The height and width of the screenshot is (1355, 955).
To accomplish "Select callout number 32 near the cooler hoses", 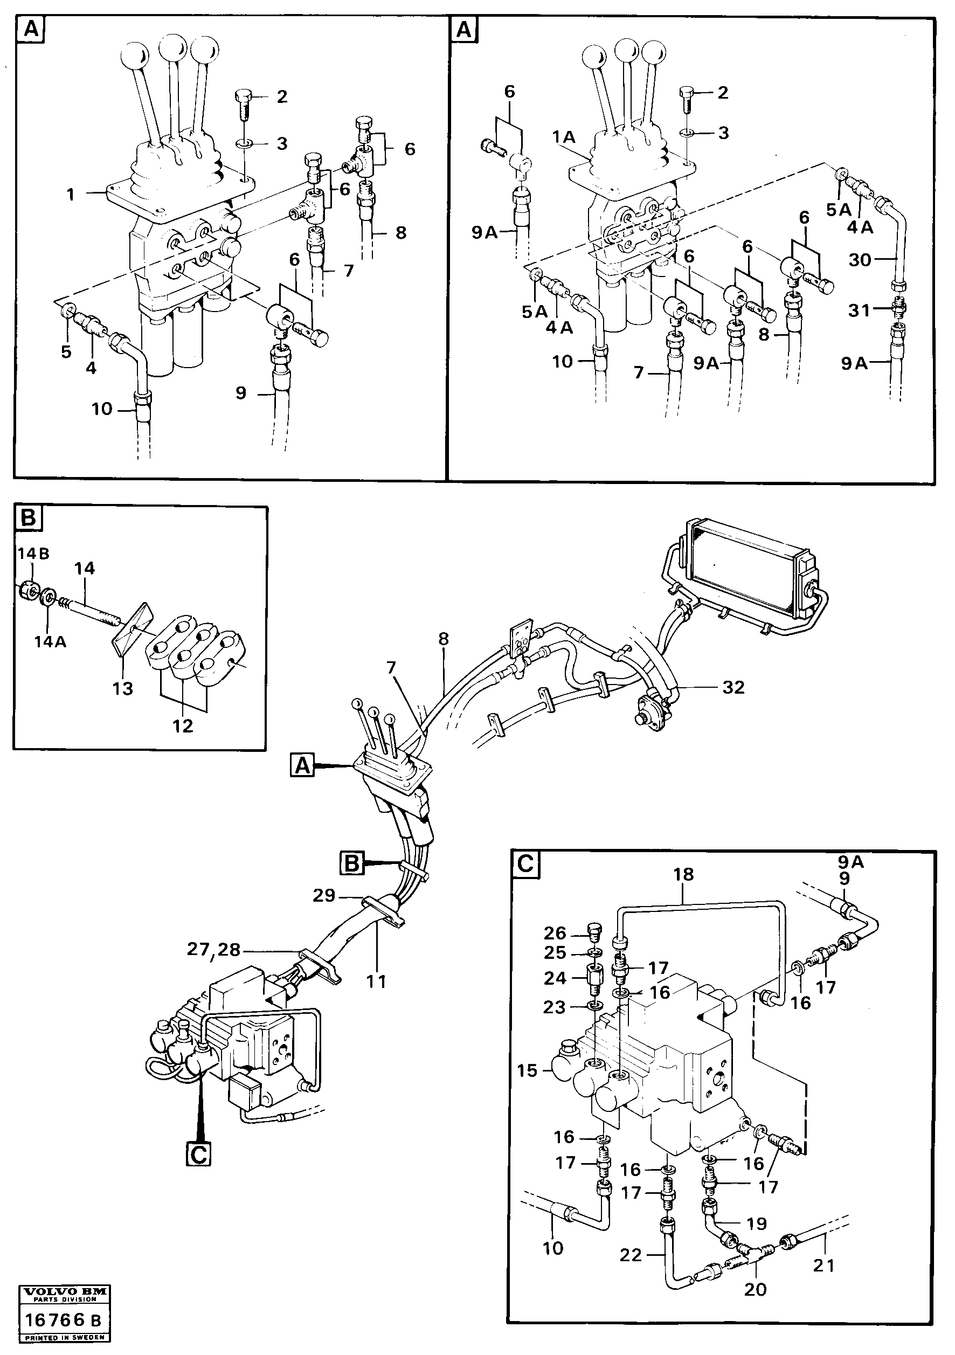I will click(733, 687).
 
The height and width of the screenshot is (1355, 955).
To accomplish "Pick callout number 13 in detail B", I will click(123, 688).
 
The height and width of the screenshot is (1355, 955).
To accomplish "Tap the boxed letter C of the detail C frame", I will click(525, 864).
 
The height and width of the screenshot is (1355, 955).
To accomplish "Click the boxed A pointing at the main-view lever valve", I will click(302, 766).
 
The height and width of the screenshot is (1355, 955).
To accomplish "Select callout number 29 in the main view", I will click(324, 895).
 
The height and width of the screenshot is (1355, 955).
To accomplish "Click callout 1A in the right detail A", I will click(563, 137).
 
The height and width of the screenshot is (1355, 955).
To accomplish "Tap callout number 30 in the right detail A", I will click(860, 260).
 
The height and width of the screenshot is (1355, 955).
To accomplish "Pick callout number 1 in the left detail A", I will click(71, 194).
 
